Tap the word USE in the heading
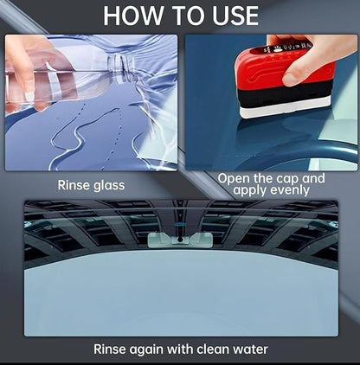tap(227, 16)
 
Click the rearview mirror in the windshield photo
tap(179, 240)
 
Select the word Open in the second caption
tap(235, 178)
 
